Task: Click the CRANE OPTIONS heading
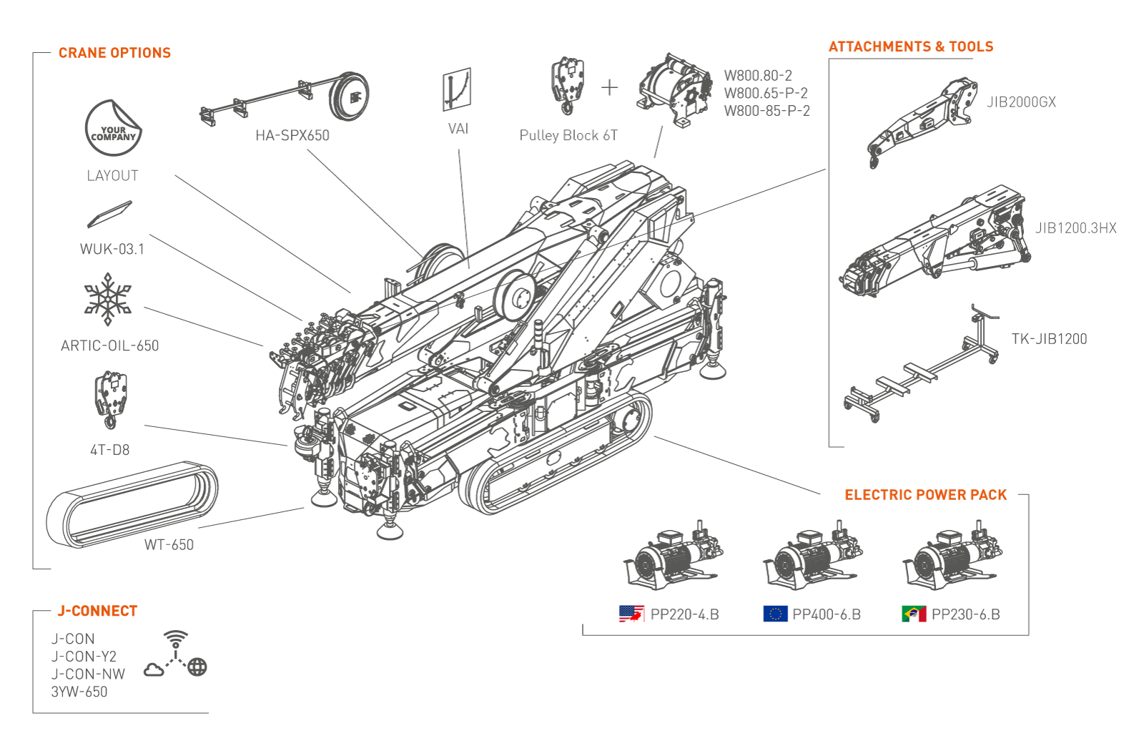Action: [114, 53]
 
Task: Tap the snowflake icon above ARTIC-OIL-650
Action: [108, 299]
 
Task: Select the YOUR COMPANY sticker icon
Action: [113, 128]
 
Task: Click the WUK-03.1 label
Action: [112, 249]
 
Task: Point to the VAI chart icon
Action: [457, 89]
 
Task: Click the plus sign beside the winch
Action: [609, 88]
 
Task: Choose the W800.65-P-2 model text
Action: [766, 93]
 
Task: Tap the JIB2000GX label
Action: [1021, 102]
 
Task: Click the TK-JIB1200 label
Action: [1049, 339]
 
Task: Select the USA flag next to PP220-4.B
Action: [631, 614]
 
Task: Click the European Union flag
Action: [775, 614]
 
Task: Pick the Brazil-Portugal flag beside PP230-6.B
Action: [914, 614]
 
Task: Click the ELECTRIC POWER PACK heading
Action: [925, 495]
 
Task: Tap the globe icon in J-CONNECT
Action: [197, 667]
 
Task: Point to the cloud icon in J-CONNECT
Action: [154, 669]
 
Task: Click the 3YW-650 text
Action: [79, 692]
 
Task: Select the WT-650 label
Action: [169, 545]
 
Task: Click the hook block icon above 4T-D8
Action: [110, 400]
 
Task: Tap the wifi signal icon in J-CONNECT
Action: [176, 639]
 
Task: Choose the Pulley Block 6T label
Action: [568, 135]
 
